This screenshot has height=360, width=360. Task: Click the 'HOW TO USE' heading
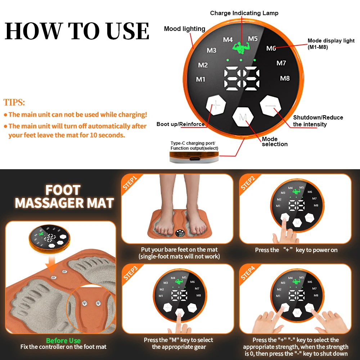(77, 31)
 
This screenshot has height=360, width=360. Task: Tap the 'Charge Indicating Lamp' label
(244, 13)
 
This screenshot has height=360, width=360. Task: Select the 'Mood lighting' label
(184, 29)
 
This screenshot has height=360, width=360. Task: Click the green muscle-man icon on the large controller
(239, 48)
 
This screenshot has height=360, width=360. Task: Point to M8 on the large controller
(285, 78)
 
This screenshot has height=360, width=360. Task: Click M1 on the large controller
(201, 79)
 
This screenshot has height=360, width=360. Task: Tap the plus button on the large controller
(215, 106)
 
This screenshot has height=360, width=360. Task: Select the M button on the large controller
(243, 117)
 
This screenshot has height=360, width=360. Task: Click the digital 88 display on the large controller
(242, 78)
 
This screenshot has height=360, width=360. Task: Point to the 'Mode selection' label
(274, 141)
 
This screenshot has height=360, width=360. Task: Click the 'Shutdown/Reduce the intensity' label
(318, 121)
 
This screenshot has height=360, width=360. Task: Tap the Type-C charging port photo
(194, 157)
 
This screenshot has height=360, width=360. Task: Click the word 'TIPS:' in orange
(14, 102)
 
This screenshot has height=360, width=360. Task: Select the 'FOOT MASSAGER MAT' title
(64, 197)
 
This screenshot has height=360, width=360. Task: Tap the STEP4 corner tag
(248, 273)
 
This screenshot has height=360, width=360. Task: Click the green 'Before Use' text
(63, 341)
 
